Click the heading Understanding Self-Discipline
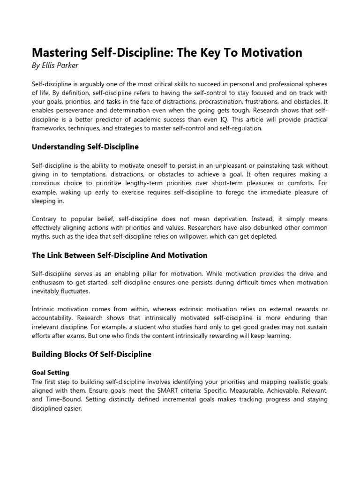pos(85,147)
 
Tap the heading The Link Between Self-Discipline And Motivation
pos(120,255)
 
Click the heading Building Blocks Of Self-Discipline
pos(91,354)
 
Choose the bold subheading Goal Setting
pos(51,373)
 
